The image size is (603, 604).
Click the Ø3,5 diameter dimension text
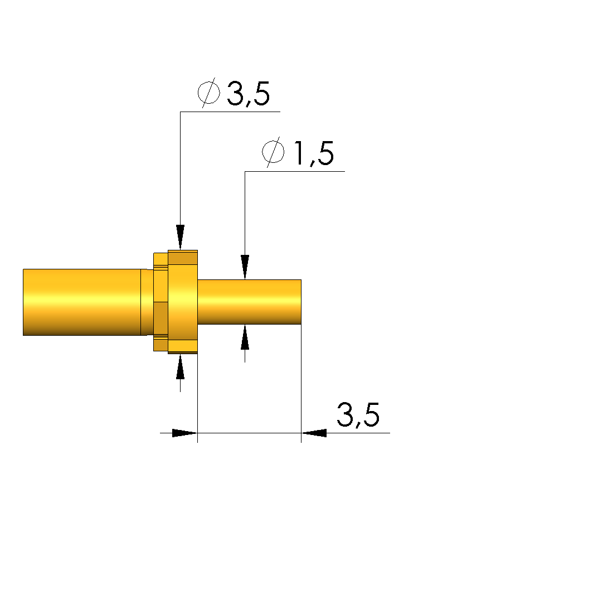(234, 93)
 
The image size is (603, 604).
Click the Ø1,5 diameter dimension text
(298, 152)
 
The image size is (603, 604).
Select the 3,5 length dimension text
(358, 415)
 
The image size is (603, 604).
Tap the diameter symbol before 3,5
(208, 92)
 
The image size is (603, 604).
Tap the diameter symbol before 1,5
(273, 152)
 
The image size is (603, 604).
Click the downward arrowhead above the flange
(180, 237)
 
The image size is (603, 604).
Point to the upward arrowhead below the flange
(180, 367)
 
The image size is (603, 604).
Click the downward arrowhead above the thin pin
(245, 267)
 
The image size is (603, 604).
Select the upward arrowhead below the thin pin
(245, 337)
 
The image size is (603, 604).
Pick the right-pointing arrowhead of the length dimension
(184, 433)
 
